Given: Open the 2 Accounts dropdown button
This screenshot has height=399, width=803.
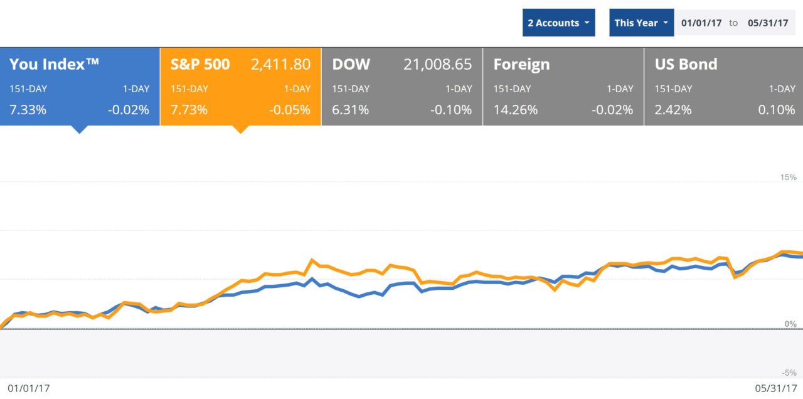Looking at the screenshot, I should (x=558, y=23).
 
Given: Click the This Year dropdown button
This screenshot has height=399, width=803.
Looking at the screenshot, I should (x=641, y=23).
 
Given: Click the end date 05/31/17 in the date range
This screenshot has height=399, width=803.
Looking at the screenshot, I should (x=768, y=23).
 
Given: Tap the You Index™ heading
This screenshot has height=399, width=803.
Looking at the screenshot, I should (x=54, y=64).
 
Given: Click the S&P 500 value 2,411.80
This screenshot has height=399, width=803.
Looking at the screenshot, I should (x=280, y=64).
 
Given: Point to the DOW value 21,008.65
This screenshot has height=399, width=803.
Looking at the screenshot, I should (x=437, y=64).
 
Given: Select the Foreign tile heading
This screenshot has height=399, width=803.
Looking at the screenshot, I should (x=521, y=64).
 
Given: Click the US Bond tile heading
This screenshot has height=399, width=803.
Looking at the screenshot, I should (x=686, y=64).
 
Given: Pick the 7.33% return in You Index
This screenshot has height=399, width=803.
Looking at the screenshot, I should (x=28, y=110).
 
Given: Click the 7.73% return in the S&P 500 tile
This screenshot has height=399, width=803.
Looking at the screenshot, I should (x=189, y=110).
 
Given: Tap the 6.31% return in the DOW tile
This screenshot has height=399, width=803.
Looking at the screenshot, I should (x=350, y=110).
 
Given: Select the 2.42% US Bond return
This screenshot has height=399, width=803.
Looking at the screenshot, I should (x=673, y=110).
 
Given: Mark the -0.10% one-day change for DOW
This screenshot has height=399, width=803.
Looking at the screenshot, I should (x=451, y=110).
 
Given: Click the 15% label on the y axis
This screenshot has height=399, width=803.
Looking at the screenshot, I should (x=788, y=178).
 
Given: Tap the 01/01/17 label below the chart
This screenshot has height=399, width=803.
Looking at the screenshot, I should (x=28, y=388).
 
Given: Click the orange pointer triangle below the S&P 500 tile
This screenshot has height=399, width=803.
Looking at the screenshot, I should (x=240, y=129).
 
